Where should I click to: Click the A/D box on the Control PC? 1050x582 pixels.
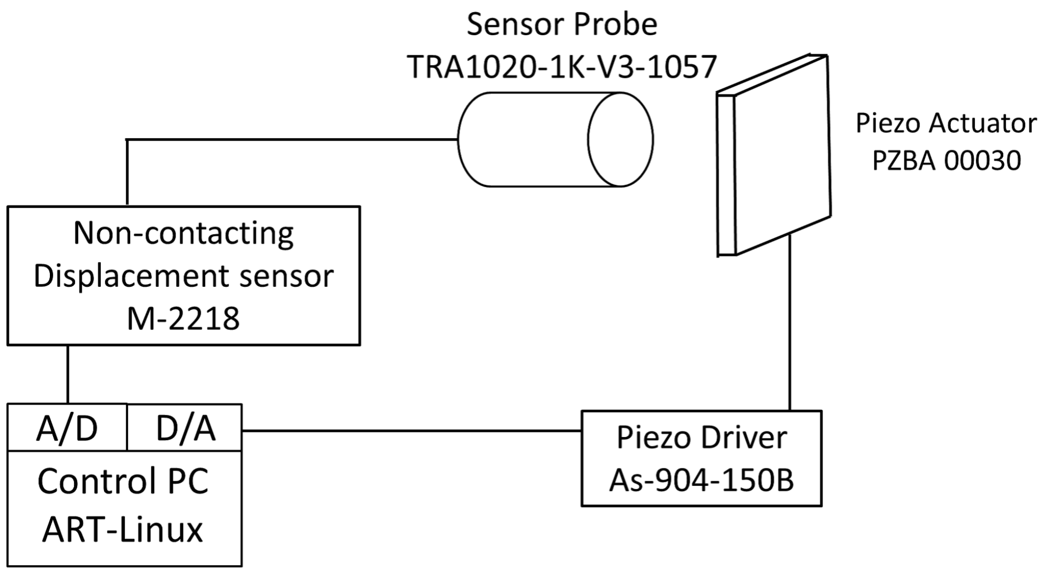pyautogui.click(x=67, y=428)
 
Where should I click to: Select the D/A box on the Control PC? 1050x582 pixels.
pyautogui.click(x=185, y=428)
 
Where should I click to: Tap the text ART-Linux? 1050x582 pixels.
pyautogui.click(x=123, y=529)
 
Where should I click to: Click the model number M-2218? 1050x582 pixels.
pyautogui.click(x=183, y=318)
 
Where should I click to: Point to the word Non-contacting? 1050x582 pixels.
pyautogui.click(x=183, y=233)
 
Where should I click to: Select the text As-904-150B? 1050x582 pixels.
pyautogui.click(x=701, y=480)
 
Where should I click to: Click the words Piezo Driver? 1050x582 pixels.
pyautogui.click(x=701, y=438)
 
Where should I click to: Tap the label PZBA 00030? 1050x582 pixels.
pyautogui.click(x=946, y=160)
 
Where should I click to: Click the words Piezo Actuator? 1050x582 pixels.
pyautogui.click(x=946, y=123)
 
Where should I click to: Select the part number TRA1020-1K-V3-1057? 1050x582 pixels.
pyautogui.click(x=561, y=67)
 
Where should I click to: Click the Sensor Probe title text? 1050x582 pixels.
pyautogui.click(x=561, y=24)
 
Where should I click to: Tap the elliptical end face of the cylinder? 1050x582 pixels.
pyautogui.click(x=620, y=140)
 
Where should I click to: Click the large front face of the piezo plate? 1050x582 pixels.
pyautogui.click(x=782, y=155)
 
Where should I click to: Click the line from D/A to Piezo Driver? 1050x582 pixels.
pyautogui.click(x=411, y=431)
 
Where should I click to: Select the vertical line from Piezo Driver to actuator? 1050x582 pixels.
pyautogui.click(x=790, y=323)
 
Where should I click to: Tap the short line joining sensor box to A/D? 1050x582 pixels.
pyautogui.click(x=68, y=374)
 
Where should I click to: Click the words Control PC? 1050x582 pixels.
pyautogui.click(x=123, y=481)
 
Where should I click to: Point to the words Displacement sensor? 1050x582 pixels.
pyautogui.click(x=183, y=276)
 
